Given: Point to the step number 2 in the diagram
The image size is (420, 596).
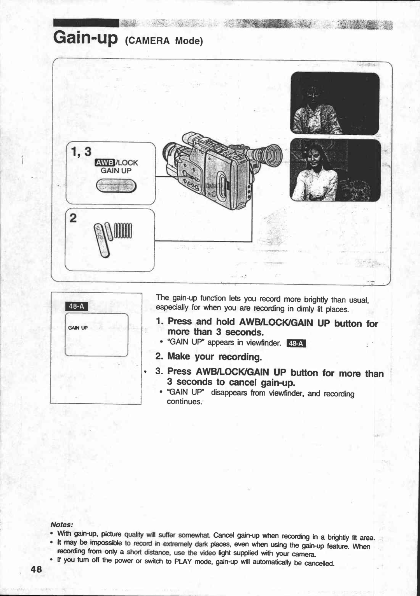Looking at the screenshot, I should (73, 219).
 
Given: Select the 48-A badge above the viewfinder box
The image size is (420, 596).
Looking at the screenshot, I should (76, 306).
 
